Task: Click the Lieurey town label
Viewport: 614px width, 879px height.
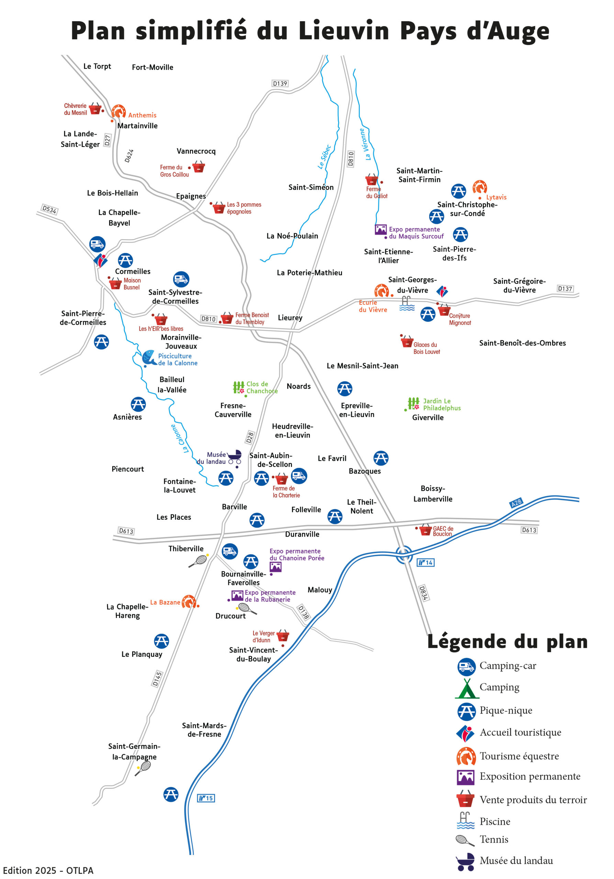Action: coord(290,317)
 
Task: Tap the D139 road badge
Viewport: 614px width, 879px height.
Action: coord(280,83)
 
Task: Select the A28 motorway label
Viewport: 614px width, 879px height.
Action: coord(516,503)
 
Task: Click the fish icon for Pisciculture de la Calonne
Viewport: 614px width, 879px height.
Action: coord(149,357)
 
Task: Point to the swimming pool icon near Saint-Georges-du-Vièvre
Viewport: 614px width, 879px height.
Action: coord(406,303)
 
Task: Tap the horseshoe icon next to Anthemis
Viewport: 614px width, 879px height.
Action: coord(118,111)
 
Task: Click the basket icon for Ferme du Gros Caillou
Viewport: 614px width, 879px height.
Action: coord(198,167)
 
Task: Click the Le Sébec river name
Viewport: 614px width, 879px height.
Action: coord(324,157)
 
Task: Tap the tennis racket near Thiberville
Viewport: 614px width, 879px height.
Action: coord(198,561)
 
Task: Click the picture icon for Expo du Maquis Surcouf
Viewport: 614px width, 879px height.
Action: coord(380,229)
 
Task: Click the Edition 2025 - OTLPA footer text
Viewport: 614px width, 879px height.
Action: coord(48,870)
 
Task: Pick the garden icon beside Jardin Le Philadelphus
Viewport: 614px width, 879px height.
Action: coord(413,403)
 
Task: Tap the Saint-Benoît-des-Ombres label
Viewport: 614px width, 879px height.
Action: coord(522,343)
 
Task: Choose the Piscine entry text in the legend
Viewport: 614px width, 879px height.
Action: coord(494,822)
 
